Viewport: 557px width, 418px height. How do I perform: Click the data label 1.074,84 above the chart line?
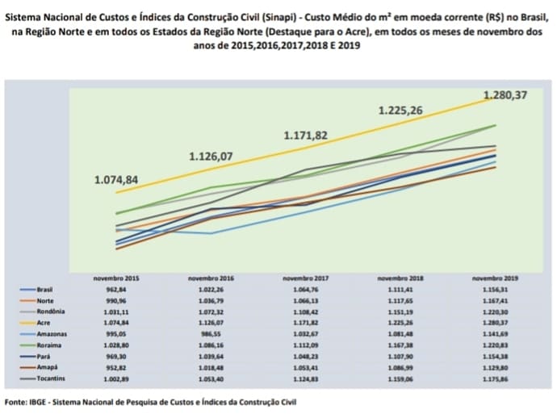coord(116,179)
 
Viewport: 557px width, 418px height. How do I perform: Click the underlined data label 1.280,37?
coord(505,95)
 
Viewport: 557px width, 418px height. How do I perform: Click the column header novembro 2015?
coord(116,278)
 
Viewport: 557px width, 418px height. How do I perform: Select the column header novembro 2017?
coord(305,278)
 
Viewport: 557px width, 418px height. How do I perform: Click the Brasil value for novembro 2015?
coord(116,288)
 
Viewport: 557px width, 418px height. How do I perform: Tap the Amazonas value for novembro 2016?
coord(211,332)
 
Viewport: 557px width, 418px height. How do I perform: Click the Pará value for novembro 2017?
coord(305,355)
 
